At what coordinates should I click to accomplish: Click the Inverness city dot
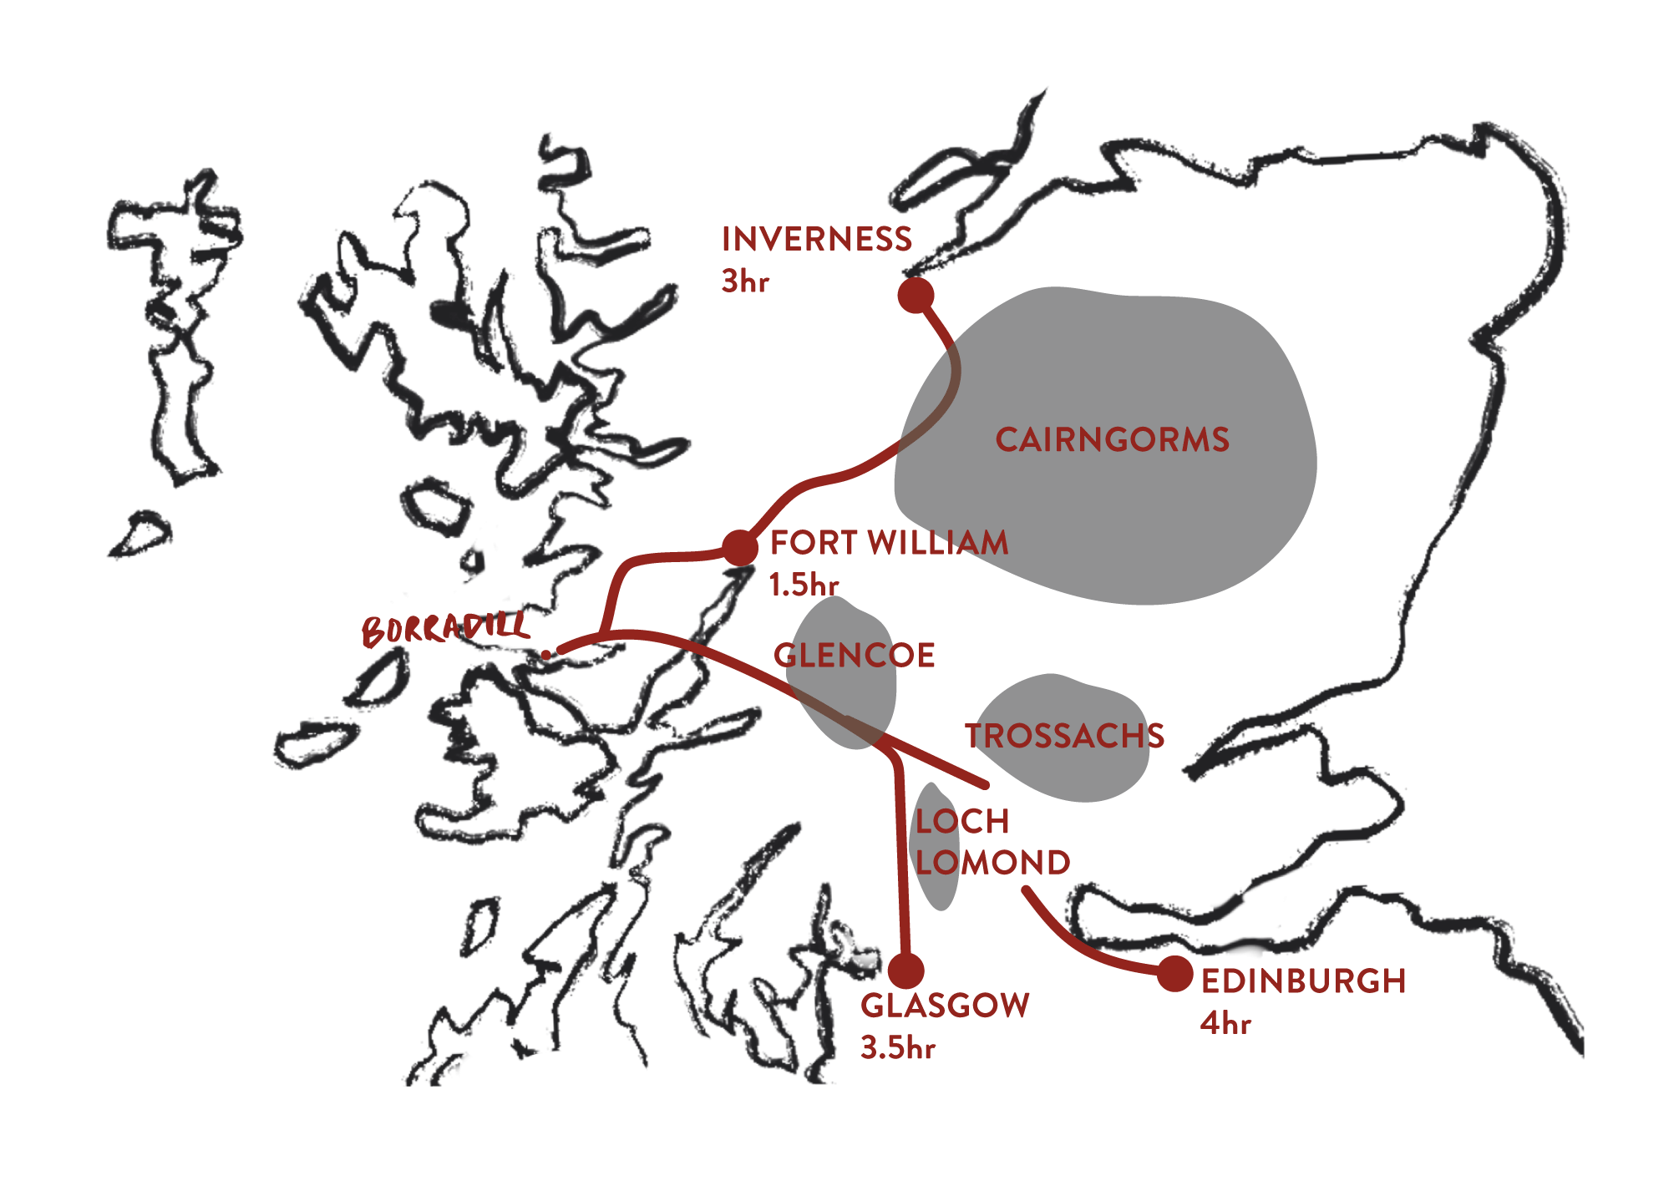point(916,295)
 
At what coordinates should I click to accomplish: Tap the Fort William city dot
point(739,548)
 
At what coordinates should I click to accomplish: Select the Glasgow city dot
point(905,971)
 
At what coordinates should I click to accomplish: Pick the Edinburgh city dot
point(1174,974)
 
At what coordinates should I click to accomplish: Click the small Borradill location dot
point(546,655)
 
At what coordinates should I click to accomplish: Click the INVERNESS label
point(816,239)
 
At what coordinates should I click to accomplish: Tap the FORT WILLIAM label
point(889,543)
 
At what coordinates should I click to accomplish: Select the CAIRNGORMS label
point(1112,440)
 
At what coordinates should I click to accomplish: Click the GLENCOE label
point(854,656)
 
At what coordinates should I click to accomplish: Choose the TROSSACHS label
point(1065,736)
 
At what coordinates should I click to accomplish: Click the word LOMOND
point(992,863)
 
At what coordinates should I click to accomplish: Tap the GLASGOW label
point(945,1006)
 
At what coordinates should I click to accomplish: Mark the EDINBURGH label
point(1303,981)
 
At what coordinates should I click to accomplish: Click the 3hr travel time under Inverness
point(744,282)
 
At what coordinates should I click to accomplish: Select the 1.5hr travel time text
point(803,585)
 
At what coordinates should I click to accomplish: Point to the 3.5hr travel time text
point(898,1047)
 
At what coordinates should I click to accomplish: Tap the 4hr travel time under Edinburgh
point(1225,1023)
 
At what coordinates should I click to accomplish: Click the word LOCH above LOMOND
point(962,822)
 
